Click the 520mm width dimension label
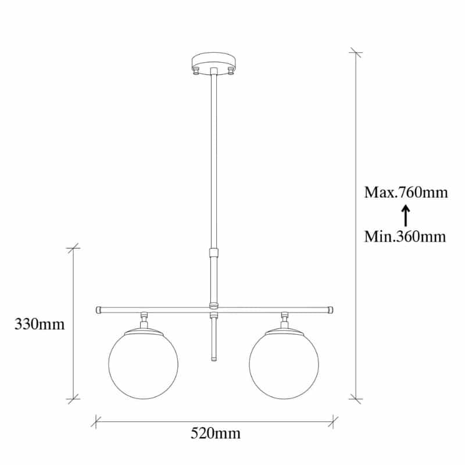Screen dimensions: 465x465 pyautogui.click(x=216, y=433)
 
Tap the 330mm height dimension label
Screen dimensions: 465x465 pyautogui.click(x=40, y=324)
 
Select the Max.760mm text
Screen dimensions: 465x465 pyautogui.click(x=406, y=192)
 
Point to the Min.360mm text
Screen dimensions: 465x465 pyautogui.click(x=405, y=237)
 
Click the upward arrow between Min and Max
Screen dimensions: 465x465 pyautogui.click(x=406, y=216)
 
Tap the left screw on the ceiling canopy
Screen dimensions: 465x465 pyautogui.click(x=196, y=71)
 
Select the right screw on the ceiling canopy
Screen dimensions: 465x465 pyautogui.click(x=230, y=71)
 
